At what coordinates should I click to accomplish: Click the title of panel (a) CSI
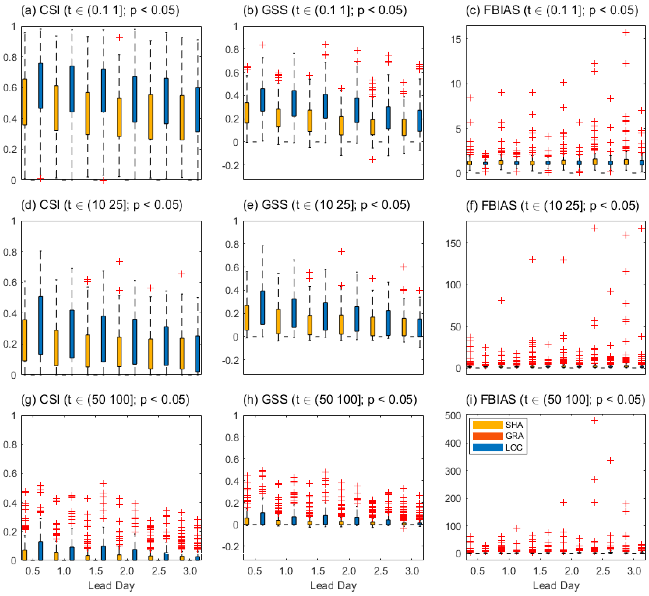tap(100, 10)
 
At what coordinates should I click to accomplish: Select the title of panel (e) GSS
tap(326, 205)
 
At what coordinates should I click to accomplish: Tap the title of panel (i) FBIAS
tap(555, 400)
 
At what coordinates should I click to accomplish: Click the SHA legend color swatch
tap(488, 425)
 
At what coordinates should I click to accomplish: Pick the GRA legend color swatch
tap(488, 436)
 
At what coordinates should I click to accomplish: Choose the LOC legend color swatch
tap(488, 447)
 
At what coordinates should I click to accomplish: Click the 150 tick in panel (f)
tap(453, 244)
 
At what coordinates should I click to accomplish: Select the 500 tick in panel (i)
tap(453, 416)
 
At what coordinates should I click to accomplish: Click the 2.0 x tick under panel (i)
tap(571, 571)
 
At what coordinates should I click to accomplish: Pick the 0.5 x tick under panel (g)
tap(32, 571)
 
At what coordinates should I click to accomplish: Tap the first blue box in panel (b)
tap(263, 100)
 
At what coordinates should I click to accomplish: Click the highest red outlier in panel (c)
tap(626, 32)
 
